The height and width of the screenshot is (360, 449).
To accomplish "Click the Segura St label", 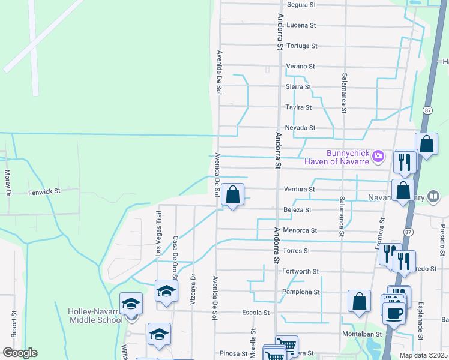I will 301,5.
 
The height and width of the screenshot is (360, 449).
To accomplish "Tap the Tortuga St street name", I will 301,46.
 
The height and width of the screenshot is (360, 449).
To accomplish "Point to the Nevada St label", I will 300,128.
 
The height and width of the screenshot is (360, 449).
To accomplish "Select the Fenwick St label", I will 45,192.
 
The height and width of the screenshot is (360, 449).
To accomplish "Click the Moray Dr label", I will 8,184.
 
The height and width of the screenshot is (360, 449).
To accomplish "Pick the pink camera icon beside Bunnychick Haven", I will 378,156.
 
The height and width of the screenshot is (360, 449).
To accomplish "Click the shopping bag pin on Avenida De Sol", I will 232,195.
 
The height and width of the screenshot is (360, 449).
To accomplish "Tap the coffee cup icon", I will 394,313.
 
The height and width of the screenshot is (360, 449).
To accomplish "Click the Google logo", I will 20,353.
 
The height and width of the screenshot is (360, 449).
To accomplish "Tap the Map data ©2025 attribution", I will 423,355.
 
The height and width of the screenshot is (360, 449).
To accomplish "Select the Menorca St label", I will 301,230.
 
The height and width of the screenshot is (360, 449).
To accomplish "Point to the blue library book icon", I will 434,196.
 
